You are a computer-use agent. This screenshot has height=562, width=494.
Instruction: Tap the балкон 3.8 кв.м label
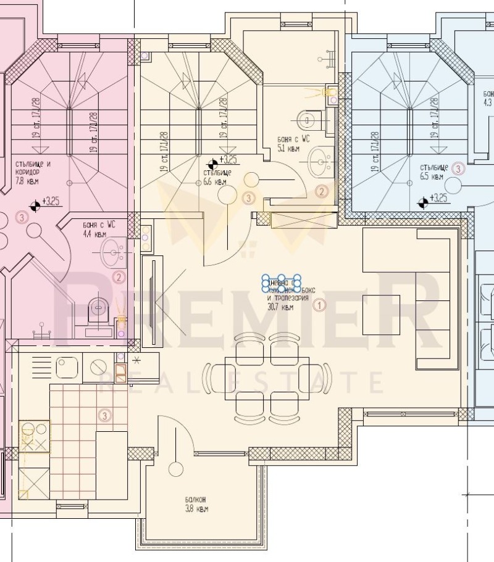(196, 504)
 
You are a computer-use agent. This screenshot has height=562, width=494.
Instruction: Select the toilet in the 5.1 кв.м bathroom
(305, 117)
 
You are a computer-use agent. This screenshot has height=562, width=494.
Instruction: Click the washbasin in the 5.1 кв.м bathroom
(320, 160)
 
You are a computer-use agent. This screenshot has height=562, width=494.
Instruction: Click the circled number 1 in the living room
(319, 304)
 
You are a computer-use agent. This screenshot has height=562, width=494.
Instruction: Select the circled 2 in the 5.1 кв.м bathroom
(321, 191)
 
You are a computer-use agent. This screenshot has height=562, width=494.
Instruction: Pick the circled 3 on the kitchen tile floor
(104, 416)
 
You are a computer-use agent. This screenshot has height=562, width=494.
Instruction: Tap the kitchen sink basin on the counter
(66, 368)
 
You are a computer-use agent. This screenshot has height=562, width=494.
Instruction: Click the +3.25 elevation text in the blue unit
(439, 198)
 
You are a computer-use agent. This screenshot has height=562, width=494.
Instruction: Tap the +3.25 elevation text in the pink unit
(51, 201)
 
